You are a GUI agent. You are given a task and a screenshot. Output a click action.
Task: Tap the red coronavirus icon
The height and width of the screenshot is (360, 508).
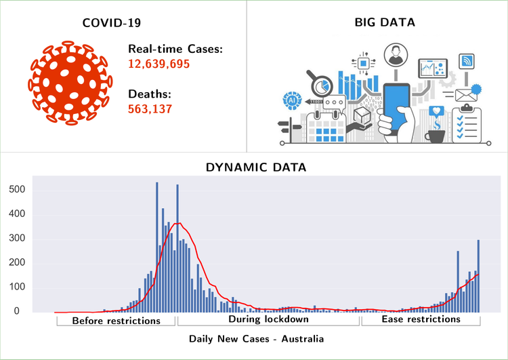(68, 83)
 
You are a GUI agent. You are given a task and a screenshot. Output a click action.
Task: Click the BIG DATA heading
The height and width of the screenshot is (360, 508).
(385, 22)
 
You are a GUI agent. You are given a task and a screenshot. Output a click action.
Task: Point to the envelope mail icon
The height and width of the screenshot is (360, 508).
(465, 95)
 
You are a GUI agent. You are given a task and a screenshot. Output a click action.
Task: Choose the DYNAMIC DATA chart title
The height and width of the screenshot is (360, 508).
(255, 166)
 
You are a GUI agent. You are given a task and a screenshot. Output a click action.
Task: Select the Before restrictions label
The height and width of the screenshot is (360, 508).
(116, 320)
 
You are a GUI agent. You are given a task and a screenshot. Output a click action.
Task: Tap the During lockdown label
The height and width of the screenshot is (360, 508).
(268, 319)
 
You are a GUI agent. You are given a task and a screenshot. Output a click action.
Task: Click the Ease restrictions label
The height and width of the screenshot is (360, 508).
(421, 319)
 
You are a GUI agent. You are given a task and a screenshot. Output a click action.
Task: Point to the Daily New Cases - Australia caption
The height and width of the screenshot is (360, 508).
(256, 338)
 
